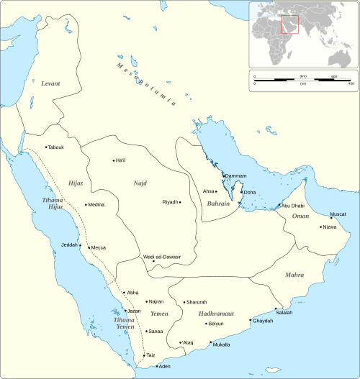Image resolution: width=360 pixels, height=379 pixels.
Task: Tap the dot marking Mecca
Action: [89, 247]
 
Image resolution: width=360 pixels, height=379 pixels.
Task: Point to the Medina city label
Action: [96, 204]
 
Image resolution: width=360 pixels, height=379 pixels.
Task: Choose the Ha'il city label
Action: [120, 160]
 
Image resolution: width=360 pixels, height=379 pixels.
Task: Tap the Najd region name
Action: [140, 183]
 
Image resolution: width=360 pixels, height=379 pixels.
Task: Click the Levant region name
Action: [50, 84]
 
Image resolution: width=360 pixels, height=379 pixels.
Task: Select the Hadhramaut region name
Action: [206, 313]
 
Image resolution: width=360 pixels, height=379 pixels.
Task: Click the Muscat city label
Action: [338, 214]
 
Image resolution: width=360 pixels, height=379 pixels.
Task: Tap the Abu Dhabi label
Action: [294, 206]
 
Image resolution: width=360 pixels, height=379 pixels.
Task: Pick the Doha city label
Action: [250, 193]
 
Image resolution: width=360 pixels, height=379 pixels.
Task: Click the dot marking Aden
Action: [158, 367]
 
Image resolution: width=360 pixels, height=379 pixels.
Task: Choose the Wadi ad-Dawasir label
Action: [161, 257]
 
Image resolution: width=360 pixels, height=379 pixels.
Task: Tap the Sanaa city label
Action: [156, 332]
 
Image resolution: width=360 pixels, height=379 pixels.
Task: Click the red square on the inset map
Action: [289, 24]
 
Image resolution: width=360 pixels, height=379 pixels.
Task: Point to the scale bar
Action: [303, 80]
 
